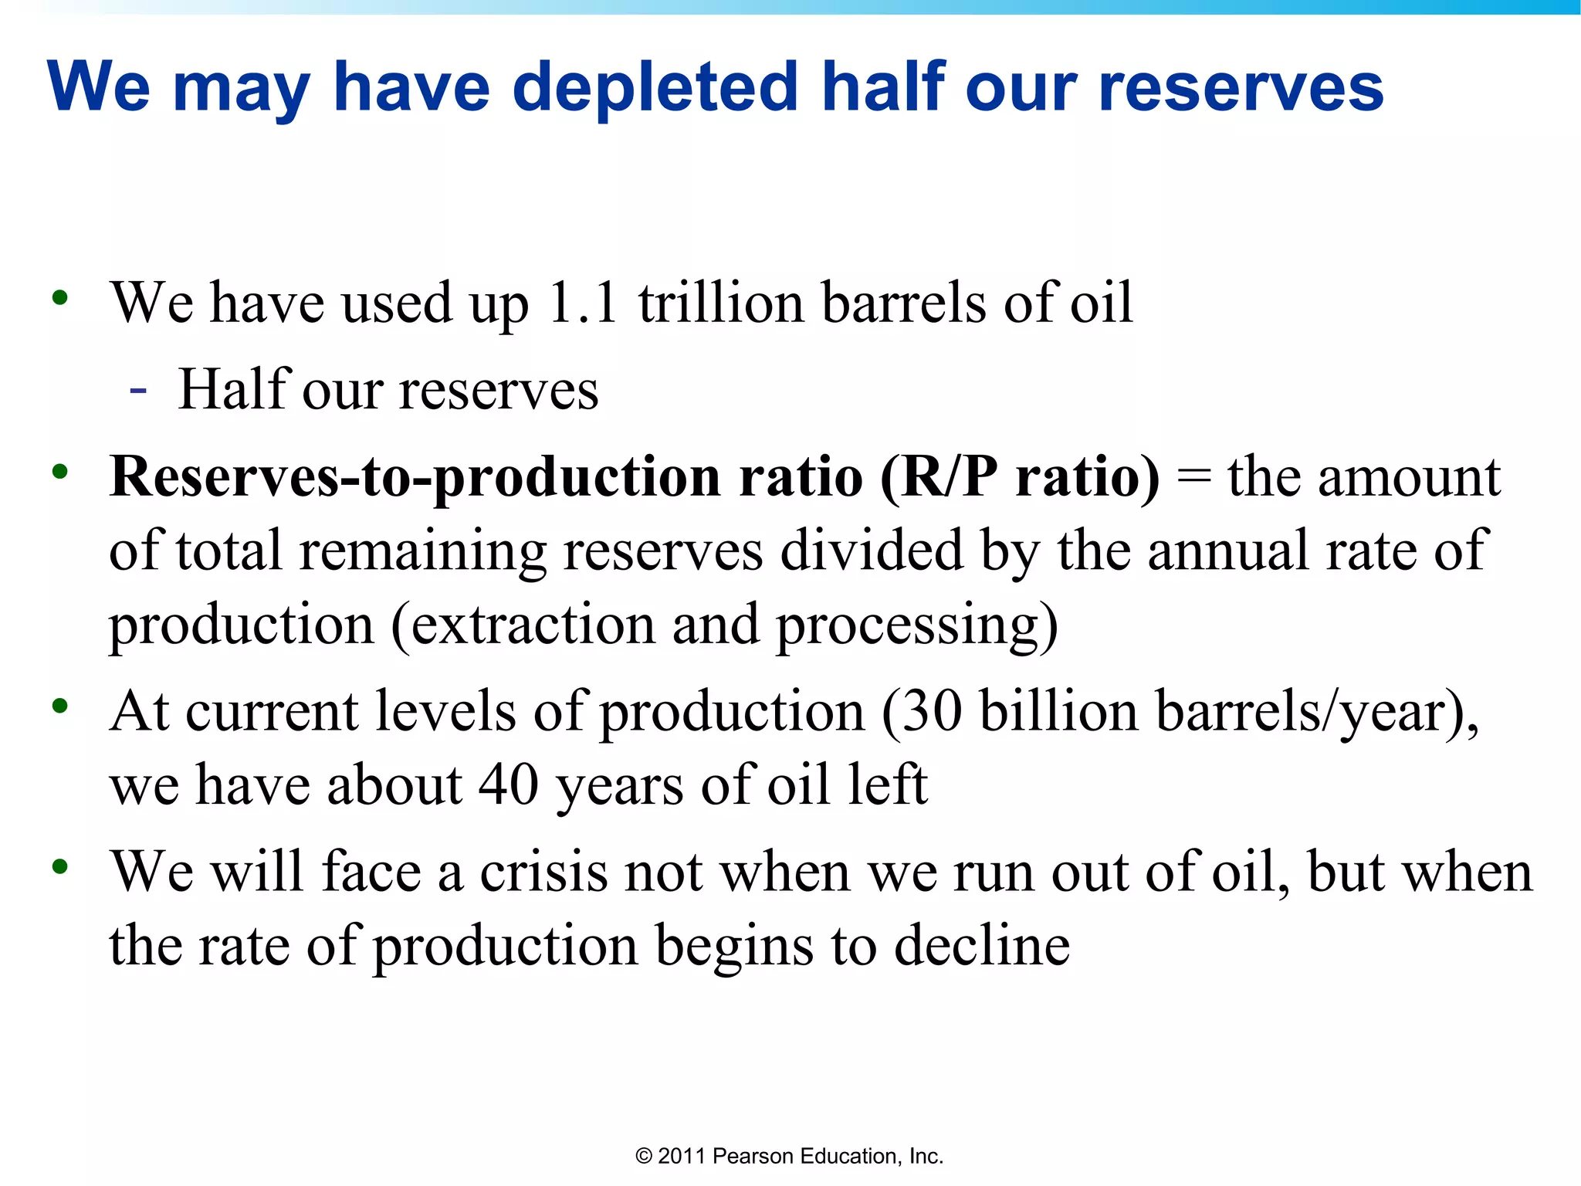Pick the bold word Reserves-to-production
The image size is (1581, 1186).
coord(415,477)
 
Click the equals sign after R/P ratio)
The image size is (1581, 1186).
coord(1193,477)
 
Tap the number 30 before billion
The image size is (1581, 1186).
coord(932,710)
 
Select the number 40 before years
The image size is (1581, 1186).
coord(509,784)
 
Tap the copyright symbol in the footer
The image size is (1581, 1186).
coord(644,1157)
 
